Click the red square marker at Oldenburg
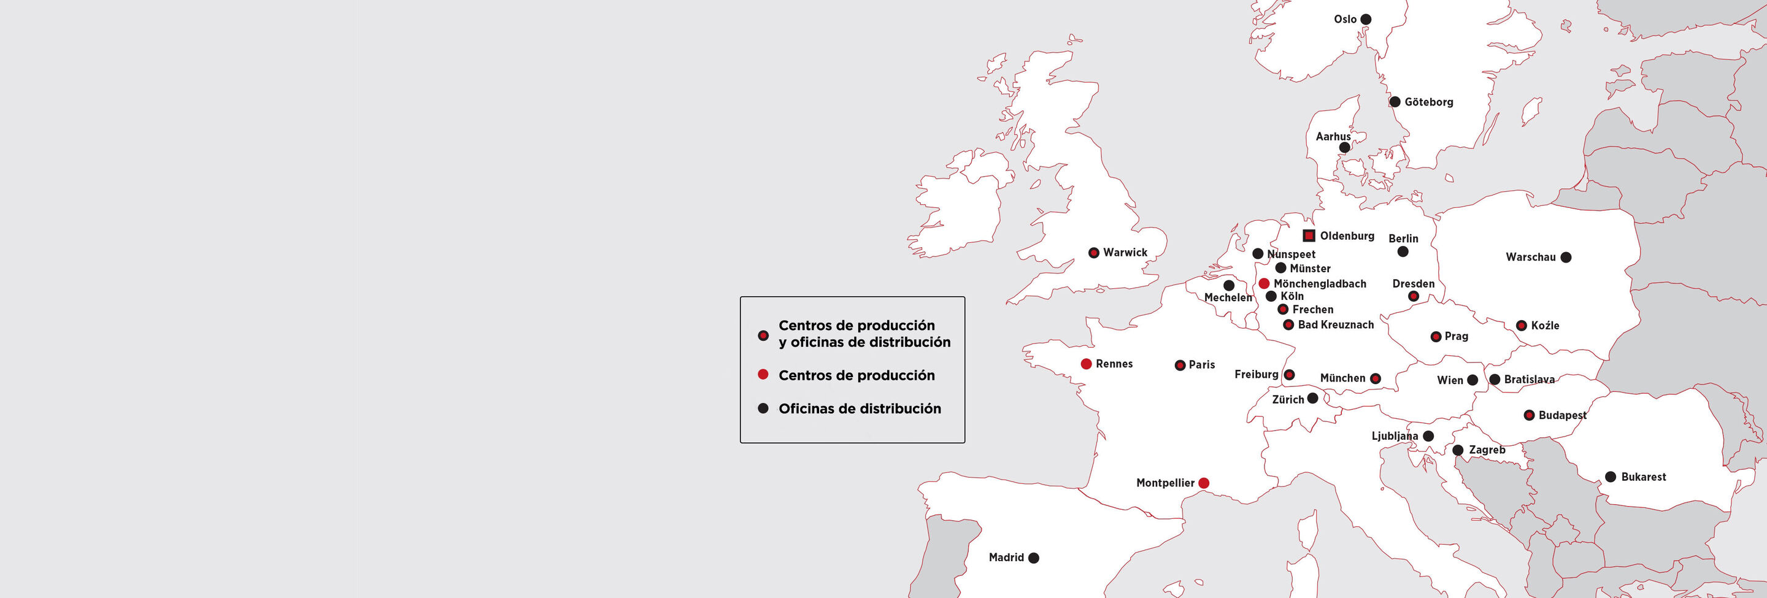pyautogui.click(x=1309, y=236)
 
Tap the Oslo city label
pyautogui.click(x=1344, y=19)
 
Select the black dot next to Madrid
pyautogui.click(x=1034, y=558)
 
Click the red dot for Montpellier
pyautogui.click(x=1204, y=483)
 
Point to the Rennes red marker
pyautogui.click(x=1086, y=364)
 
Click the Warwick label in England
pyautogui.click(x=1125, y=252)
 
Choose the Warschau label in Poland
pyautogui.click(x=1530, y=257)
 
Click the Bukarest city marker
pyautogui.click(x=1611, y=477)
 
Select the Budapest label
pyautogui.click(x=1562, y=415)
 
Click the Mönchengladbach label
pyautogui.click(x=1320, y=284)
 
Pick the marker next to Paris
pyautogui.click(x=1180, y=366)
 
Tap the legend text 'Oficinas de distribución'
pyautogui.click(x=860, y=408)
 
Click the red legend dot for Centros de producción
pyautogui.click(x=763, y=374)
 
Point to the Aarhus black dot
pyautogui.click(x=1344, y=147)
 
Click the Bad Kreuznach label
pyautogui.click(x=1336, y=325)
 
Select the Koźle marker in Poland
pyautogui.click(x=1522, y=326)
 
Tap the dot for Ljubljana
pyautogui.click(x=1428, y=436)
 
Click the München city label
pyautogui.click(x=1342, y=378)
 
